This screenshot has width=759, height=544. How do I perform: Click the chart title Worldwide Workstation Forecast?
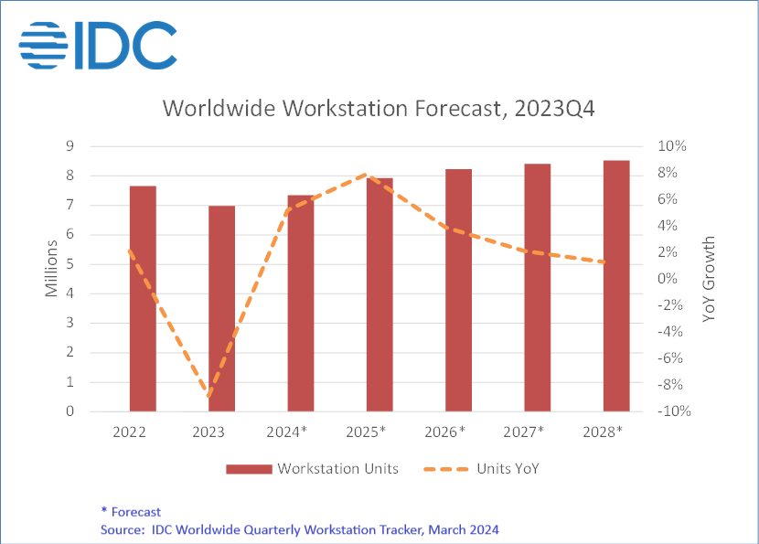point(379,108)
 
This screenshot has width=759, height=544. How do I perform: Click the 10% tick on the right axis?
point(672,146)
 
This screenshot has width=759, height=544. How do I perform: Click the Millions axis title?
point(51,267)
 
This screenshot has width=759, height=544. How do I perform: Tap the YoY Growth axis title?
point(710,279)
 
